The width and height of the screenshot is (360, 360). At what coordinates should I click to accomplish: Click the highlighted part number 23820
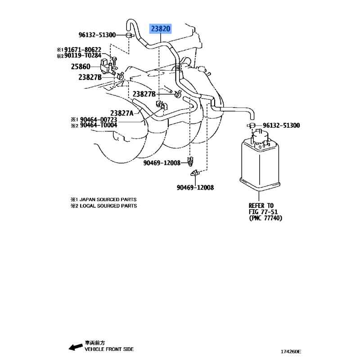coord(161,29)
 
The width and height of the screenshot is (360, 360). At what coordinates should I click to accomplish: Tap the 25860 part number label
coord(81,67)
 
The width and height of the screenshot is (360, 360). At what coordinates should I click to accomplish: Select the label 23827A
coord(121,113)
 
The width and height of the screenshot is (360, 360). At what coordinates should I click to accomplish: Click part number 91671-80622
coord(83,49)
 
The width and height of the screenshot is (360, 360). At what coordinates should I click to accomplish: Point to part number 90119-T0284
coord(83,55)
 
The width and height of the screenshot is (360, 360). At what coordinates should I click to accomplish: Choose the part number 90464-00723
coord(99,119)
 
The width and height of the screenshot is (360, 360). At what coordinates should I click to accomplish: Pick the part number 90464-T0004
coord(99,125)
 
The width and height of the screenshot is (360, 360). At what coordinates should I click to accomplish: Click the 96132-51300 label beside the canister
coord(281,126)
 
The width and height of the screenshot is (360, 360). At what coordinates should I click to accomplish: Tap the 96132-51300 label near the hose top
coord(97,35)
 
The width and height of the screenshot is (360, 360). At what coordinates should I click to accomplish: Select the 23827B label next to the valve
coord(90,77)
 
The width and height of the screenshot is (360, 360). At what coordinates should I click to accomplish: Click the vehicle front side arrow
coord(76,347)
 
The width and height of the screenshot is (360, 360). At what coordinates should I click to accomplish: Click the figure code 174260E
coord(291,351)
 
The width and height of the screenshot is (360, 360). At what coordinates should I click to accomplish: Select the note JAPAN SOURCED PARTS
coord(108,199)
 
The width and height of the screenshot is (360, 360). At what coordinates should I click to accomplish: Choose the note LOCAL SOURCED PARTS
coord(108,206)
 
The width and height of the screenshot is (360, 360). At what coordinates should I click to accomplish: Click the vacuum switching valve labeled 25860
coord(107,66)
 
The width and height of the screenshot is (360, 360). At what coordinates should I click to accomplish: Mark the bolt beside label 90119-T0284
coord(115,60)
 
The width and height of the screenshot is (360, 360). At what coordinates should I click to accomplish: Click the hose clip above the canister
coord(252,126)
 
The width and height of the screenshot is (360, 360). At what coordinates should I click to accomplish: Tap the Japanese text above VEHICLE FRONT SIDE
coord(95,343)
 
